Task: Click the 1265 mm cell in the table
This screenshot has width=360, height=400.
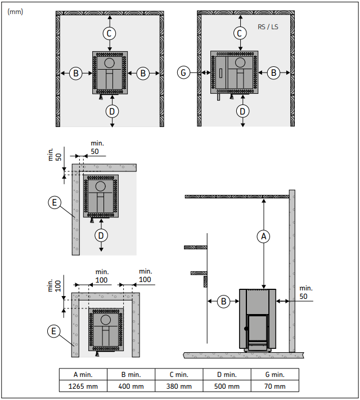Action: pyautogui.click(x=83, y=386)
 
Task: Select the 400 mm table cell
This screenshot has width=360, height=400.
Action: pyautogui.click(x=131, y=386)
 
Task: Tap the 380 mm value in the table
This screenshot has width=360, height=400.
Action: pyautogui.click(x=179, y=386)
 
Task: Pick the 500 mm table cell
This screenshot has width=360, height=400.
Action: pyautogui.click(x=227, y=386)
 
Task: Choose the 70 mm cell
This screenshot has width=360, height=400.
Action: pyautogui.click(x=275, y=386)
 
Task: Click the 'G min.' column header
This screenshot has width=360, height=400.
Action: pyautogui.click(x=275, y=375)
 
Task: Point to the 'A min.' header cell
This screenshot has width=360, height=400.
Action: pyautogui.click(x=83, y=375)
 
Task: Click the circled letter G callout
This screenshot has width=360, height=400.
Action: pyautogui.click(x=183, y=72)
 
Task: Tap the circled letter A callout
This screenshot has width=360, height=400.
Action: pyautogui.click(x=264, y=237)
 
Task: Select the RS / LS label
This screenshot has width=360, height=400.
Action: pyautogui.click(x=268, y=27)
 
